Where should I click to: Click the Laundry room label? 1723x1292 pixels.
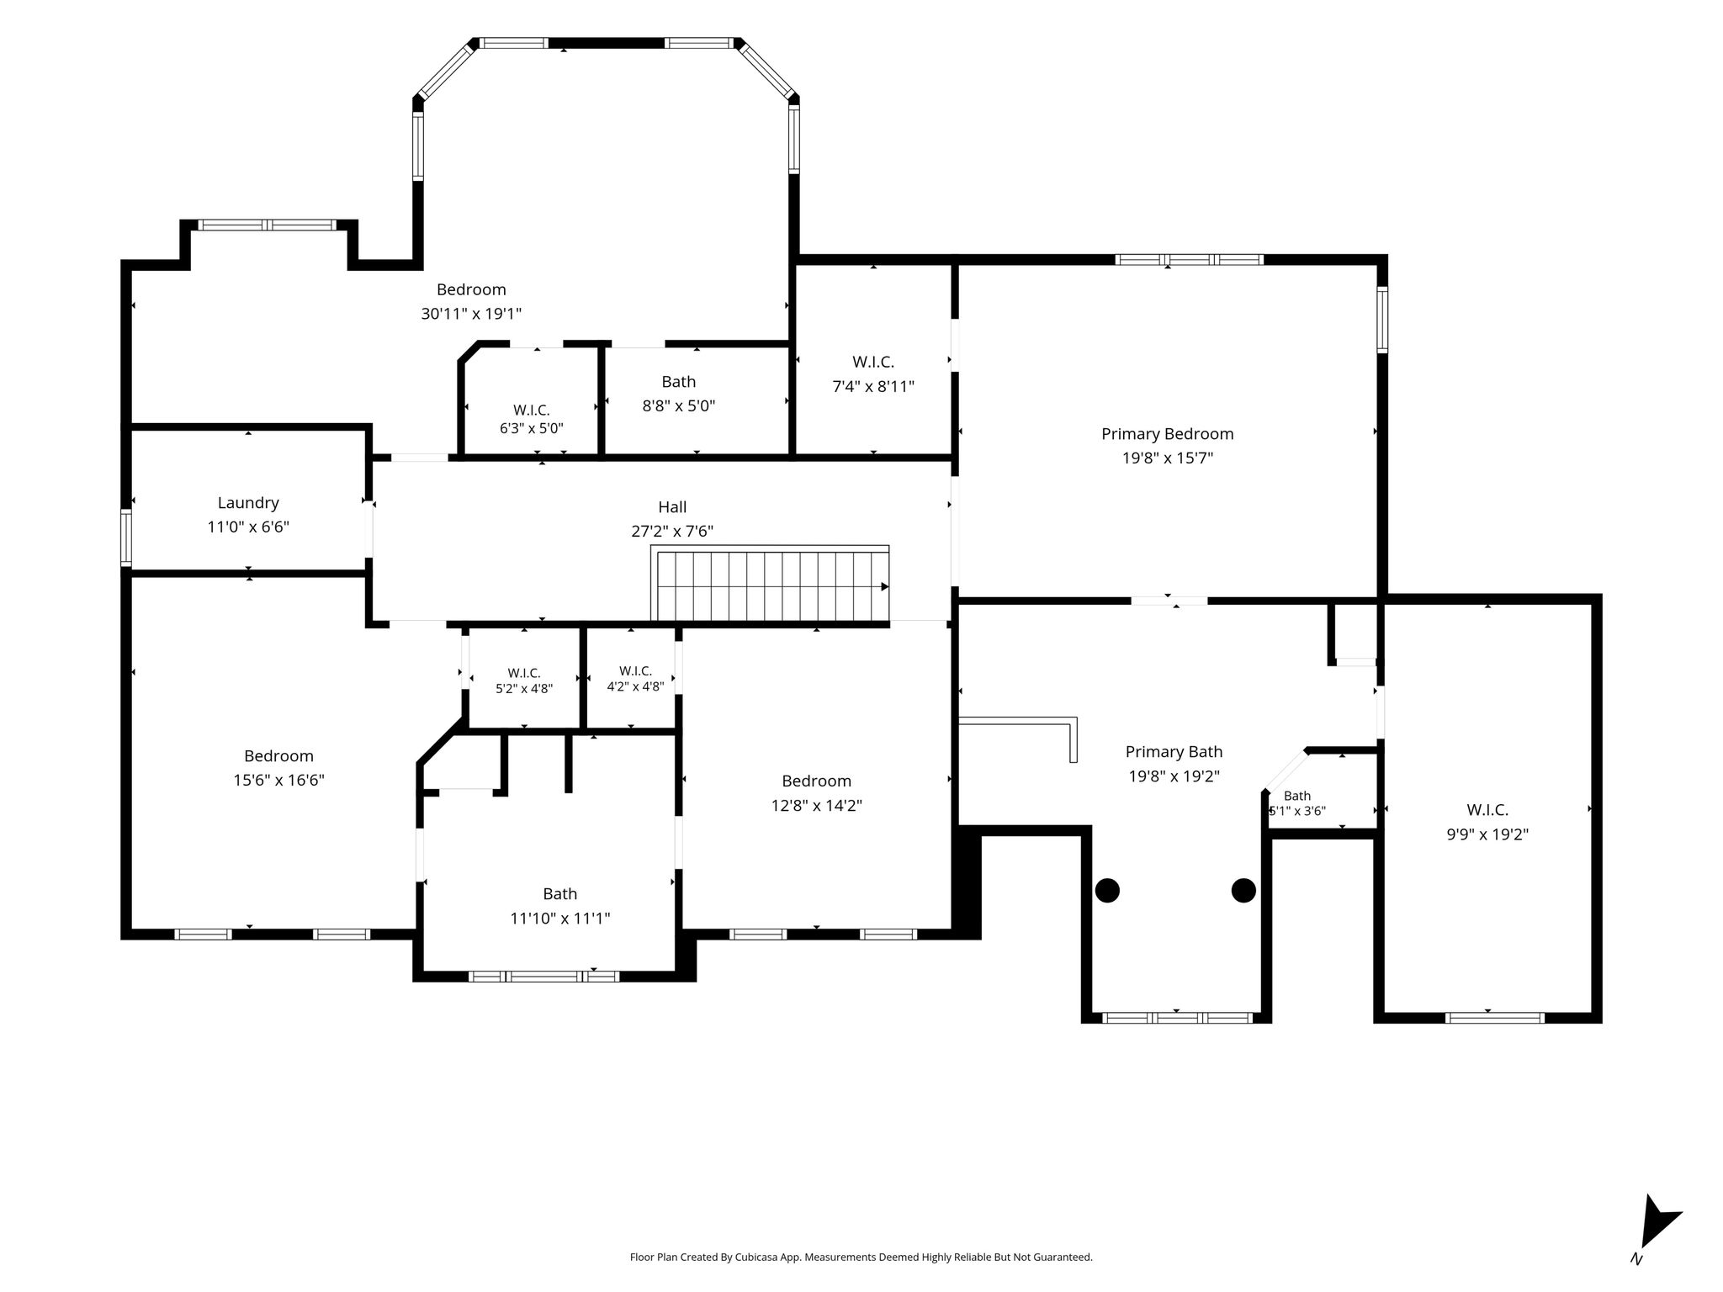point(248,503)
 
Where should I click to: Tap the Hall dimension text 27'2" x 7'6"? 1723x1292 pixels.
point(672,531)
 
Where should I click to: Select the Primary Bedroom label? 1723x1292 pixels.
point(1168,434)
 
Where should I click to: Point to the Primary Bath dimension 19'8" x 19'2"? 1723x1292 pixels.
point(1174,776)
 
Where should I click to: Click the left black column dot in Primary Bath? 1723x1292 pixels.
point(1107,890)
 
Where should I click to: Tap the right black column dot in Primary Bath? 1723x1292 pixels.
point(1243,890)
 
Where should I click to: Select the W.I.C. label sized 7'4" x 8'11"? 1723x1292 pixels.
point(873,362)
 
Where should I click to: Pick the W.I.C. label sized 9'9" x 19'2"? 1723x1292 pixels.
point(1487,810)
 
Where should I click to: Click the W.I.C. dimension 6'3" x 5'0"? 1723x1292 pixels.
point(532,428)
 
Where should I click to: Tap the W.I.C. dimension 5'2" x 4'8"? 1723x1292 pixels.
point(524,688)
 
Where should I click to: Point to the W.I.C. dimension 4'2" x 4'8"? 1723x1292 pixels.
point(636,686)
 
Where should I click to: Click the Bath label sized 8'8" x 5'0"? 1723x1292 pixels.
point(679,382)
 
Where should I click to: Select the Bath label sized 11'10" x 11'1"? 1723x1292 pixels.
point(560,894)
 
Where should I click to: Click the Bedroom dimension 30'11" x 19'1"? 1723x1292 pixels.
point(471,314)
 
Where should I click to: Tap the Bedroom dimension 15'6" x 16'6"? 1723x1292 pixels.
point(279,780)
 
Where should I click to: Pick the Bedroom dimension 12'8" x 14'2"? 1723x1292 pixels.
point(817,805)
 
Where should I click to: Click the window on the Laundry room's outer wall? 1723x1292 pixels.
point(126,537)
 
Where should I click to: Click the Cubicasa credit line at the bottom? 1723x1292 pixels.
point(861,1258)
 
